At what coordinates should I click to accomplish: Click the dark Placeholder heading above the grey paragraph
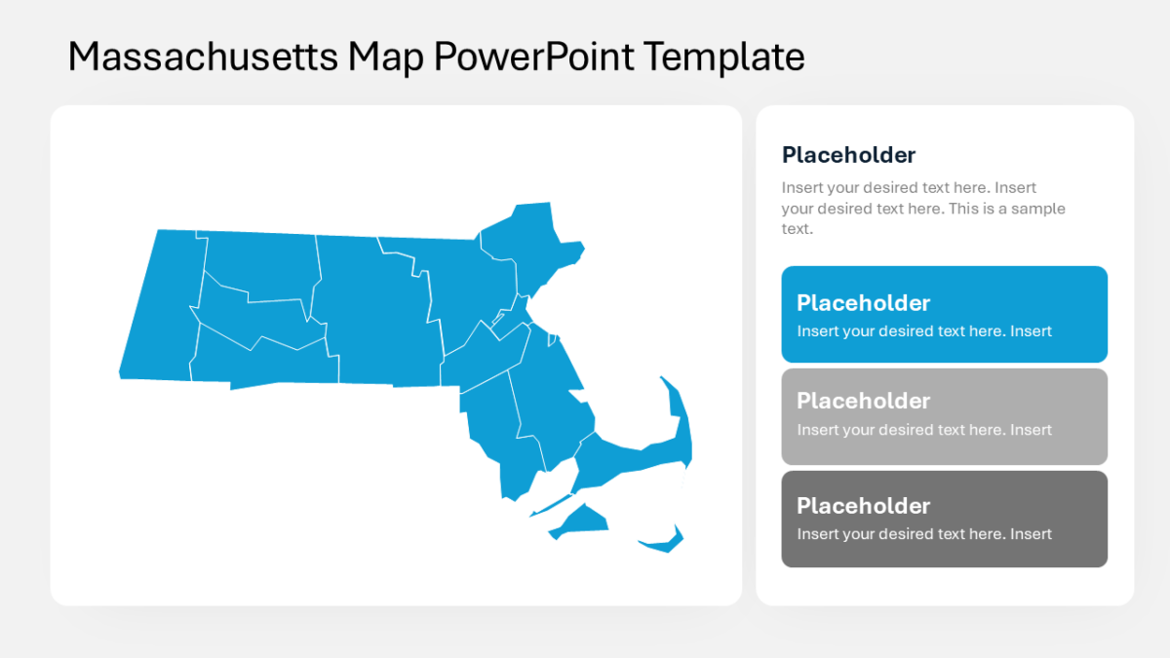coord(848,155)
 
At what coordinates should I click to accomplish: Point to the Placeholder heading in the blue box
coord(863,302)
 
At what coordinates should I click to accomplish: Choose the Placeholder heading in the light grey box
coord(863,401)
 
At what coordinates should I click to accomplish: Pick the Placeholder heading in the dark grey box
coord(863,505)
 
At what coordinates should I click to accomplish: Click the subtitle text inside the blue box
coord(923,331)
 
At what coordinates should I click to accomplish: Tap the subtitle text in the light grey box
coord(923,430)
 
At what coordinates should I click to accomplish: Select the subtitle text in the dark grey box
coord(923,534)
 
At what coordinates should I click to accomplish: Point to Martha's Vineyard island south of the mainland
coord(581,521)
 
